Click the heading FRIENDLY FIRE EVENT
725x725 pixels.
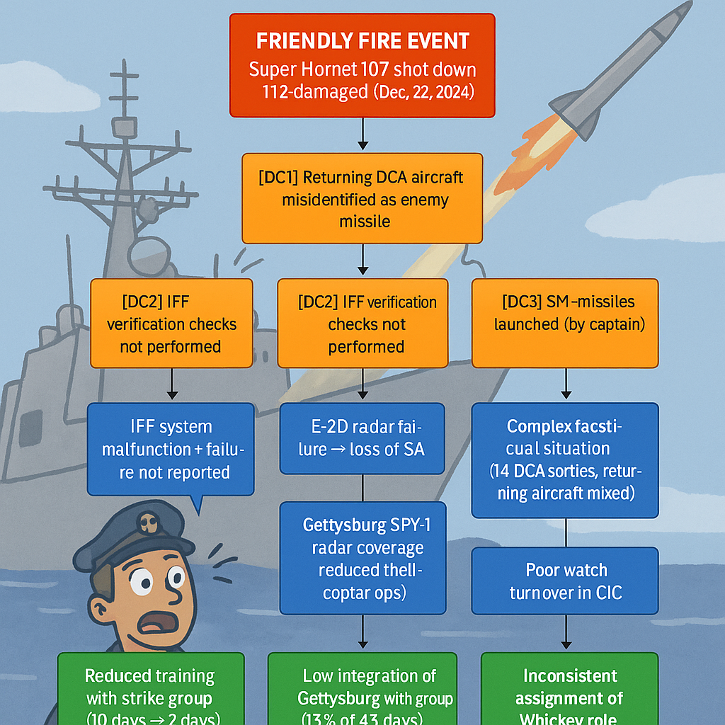362,40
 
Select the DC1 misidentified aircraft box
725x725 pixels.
362,199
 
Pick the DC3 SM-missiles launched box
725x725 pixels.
565,323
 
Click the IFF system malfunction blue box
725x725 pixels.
170,449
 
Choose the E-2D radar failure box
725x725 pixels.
362,438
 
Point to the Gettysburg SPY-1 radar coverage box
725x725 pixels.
362,558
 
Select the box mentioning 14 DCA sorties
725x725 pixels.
565,460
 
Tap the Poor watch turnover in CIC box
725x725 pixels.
566,581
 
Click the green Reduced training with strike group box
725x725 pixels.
151,688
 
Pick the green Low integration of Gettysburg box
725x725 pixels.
362,688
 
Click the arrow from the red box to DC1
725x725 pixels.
362,135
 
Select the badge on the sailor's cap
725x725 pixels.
147,523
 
